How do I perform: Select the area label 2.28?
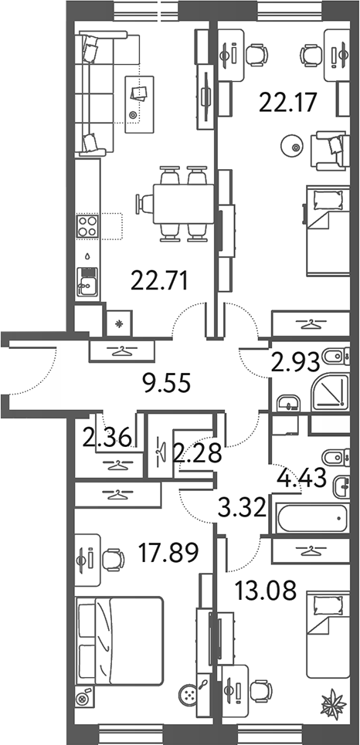click(197, 452)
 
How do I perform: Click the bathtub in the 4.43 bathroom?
click(313, 519)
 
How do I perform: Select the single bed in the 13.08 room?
click(328, 633)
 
